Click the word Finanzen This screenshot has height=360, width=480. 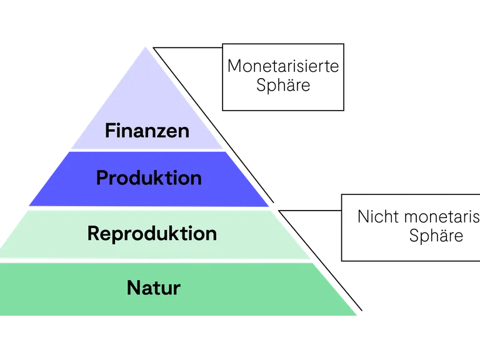point(147,132)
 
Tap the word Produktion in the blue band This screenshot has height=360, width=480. point(149,178)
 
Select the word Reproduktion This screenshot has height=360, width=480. point(152,234)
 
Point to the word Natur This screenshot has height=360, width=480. point(153,288)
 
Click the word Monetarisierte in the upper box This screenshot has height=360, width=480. point(282,66)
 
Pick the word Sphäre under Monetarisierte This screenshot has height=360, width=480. point(283,85)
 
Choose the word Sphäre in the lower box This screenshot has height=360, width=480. point(436,236)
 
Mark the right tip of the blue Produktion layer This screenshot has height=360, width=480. point(270,207)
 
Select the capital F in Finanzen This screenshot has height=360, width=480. point(110,132)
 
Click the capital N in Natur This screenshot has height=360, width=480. point(132,288)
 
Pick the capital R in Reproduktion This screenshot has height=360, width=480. point(93,234)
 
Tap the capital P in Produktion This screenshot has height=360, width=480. point(102,178)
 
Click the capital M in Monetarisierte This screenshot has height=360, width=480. point(234,66)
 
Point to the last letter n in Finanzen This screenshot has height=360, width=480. point(184,132)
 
